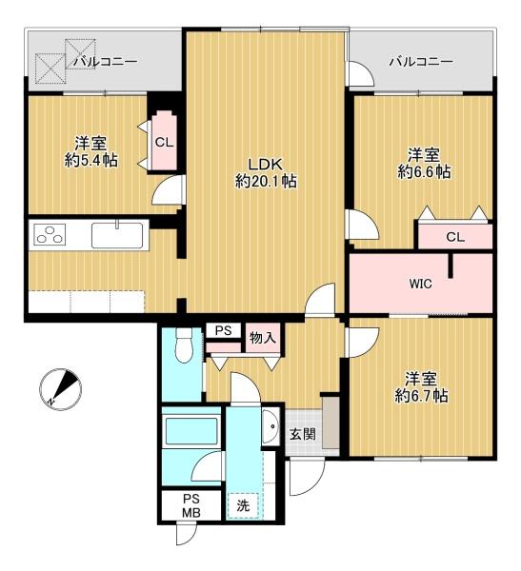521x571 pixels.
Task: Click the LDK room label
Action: click(x=265, y=165)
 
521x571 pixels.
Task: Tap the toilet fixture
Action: click(x=184, y=345)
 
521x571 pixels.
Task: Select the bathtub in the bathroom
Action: click(x=191, y=431)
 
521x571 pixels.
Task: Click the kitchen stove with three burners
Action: click(x=50, y=234)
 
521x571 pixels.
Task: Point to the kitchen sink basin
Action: click(x=117, y=235)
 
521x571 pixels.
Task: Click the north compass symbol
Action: click(x=60, y=389)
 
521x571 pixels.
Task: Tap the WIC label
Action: click(x=421, y=284)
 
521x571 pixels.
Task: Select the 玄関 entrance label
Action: click(x=303, y=434)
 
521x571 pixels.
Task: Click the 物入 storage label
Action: click(x=263, y=338)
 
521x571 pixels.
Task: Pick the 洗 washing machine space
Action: click(x=243, y=505)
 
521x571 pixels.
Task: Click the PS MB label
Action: click(x=191, y=506)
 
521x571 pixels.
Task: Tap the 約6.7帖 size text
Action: click(x=421, y=396)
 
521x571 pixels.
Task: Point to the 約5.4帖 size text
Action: click(x=91, y=160)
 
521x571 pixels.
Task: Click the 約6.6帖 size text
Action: click(x=424, y=171)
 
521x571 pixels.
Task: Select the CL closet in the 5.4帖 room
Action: click(x=165, y=141)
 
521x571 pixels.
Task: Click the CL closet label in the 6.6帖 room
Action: click(x=455, y=237)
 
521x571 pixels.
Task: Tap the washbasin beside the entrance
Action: click(x=271, y=426)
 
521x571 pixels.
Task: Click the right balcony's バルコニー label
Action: click(x=421, y=62)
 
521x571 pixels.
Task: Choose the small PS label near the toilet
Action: click(x=223, y=330)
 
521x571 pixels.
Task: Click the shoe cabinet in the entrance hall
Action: click(x=331, y=423)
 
